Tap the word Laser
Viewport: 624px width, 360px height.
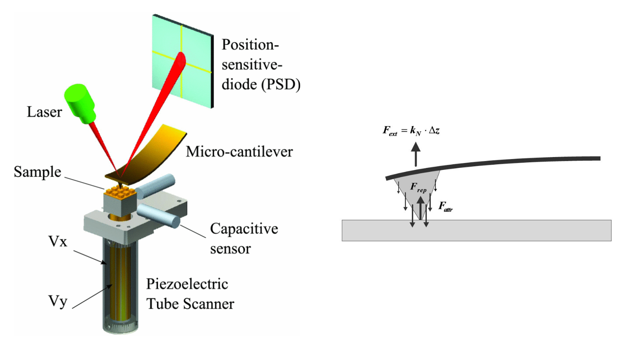44,112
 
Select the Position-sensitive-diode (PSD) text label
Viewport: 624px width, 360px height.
261,64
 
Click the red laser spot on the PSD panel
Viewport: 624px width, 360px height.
182,60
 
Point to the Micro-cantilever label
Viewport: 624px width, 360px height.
239,152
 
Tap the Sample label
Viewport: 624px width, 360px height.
37,172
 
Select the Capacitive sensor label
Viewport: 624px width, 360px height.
244,238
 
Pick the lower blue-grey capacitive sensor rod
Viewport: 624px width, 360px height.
159,216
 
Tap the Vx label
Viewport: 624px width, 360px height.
58,242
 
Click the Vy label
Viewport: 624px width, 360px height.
58,301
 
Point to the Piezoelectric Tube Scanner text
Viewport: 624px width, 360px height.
190,294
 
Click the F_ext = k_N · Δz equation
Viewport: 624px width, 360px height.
411,130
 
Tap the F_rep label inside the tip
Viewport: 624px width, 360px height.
418,187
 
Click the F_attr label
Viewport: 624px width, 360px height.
446,207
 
